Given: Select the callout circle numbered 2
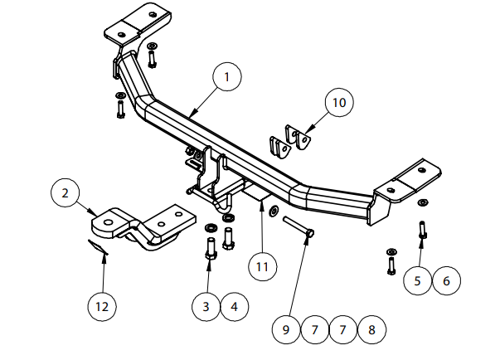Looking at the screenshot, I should tap(65, 195).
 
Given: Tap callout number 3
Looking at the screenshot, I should tap(206, 307).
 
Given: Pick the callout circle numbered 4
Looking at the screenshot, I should tap(234, 307).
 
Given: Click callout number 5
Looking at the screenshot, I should tap(418, 280).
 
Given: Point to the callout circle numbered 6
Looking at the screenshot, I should tap(446, 280).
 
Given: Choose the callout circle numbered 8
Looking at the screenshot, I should tap(371, 329).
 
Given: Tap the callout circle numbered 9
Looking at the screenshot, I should tap(286, 329).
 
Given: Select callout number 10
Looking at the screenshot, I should tap(337, 104).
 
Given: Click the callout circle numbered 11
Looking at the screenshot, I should tap(262, 267).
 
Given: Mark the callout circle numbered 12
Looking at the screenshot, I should tap(102, 307).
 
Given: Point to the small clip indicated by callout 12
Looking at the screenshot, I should tap(98, 247).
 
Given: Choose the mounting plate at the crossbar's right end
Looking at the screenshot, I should tap(410, 181).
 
